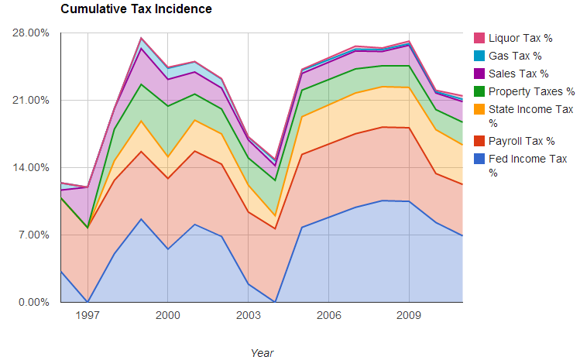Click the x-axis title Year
tap(262, 352)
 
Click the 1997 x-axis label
tap(88, 316)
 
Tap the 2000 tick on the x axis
tap(168, 316)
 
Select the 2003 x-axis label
tap(249, 316)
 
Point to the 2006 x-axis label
tap(329, 316)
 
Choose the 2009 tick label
tap(410, 316)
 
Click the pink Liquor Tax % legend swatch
tap(479, 38)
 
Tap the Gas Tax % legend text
tap(515, 56)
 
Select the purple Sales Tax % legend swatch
tap(479, 74)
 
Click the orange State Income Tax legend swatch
tap(479, 109)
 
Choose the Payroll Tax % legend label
tap(521, 141)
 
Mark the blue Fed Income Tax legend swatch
tap(479, 159)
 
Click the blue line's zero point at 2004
tap(275, 302)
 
